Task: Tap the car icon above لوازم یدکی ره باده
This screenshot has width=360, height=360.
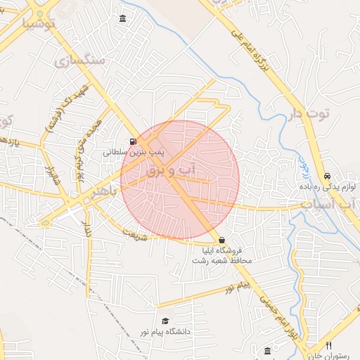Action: point(327,176)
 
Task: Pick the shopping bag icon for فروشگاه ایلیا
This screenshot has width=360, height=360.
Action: point(222,240)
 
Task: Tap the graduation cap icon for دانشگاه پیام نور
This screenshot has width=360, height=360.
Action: point(165,321)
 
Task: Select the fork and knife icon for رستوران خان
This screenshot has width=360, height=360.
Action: point(329,345)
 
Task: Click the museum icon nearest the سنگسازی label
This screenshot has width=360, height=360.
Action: point(124,18)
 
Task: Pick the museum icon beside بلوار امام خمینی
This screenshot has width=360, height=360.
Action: point(267,350)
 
